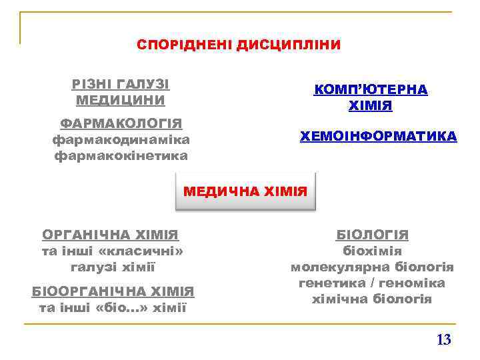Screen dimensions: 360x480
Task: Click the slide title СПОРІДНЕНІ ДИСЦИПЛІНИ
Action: click(x=239, y=45)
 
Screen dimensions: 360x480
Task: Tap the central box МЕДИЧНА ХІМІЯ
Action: click(x=245, y=192)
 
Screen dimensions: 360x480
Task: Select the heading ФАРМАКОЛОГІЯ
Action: click(x=121, y=124)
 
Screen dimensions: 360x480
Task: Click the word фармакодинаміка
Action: click(x=121, y=140)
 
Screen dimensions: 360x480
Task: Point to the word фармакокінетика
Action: click(x=121, y=156)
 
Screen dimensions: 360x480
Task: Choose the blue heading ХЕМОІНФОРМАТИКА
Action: click(x=379, y=137)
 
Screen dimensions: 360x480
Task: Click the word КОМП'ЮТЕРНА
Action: click(x=371, y=89)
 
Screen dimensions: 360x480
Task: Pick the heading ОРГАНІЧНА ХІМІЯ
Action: click(x=111, y=235)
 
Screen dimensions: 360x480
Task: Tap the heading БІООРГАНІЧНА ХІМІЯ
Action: click(x=113, y=291)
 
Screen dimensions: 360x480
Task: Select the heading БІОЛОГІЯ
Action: click(x=372, y=235)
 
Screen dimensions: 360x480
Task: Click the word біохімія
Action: click(x=372, y=251)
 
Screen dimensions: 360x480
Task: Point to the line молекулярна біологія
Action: click(x=372, y=267)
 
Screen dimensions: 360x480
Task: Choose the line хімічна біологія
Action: click(x=372, y=299)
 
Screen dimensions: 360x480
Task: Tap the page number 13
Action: click(x=443, y=340)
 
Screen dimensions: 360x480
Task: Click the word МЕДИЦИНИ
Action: click(x=121, y=101)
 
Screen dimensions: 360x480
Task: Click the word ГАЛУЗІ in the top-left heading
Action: click(x=143, y=85)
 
